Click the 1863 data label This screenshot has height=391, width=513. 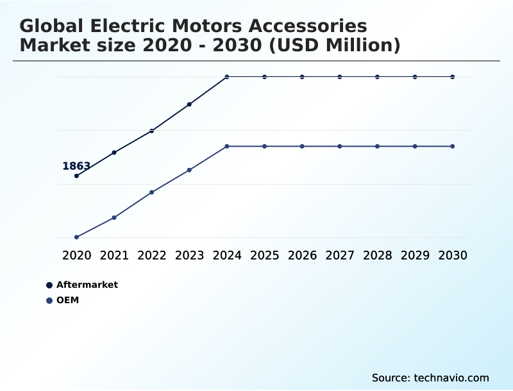(x=76, y=166)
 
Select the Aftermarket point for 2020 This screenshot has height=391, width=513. (x=76, y=176)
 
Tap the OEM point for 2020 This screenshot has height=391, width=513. (x=76, y=237)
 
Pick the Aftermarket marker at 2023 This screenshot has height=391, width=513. (x=189, y=104)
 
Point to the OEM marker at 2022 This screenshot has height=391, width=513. (x=152, y=192)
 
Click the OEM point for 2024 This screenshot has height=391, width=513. (x=227, y=146)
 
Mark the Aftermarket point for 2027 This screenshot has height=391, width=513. (x=340, y=77)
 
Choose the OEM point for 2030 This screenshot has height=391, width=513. (x=453, y=146)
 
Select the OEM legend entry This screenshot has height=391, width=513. (x=67, y=300)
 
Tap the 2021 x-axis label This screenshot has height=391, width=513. (x=114, y=255)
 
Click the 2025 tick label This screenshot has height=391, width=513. (x=264, y=255)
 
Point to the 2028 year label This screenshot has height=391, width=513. (x=377, y=255)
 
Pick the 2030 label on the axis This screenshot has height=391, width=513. (x=453, y=255)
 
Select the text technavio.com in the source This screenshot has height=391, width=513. (x=451, y=378)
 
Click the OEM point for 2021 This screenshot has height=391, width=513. (x=114, y=217)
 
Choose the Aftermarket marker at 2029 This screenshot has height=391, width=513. (x=415, y=77)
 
